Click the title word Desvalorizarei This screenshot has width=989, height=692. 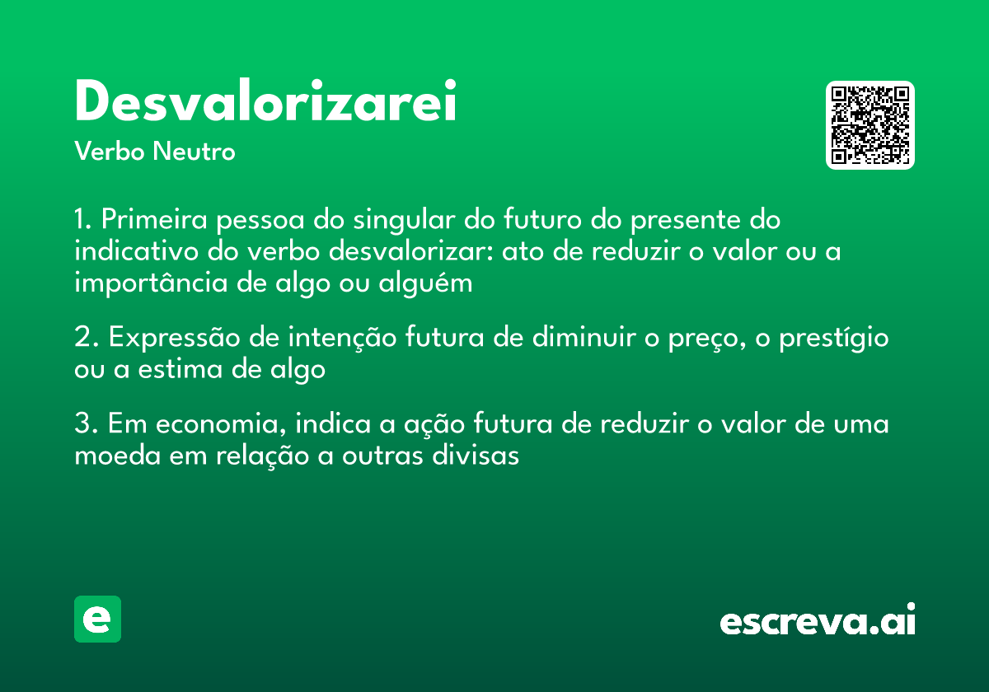265,102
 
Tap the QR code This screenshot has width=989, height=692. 870,125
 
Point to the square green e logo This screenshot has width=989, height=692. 97,619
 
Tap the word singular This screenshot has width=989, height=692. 413,222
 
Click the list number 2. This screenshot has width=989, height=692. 82,338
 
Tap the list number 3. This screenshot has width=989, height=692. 82,425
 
